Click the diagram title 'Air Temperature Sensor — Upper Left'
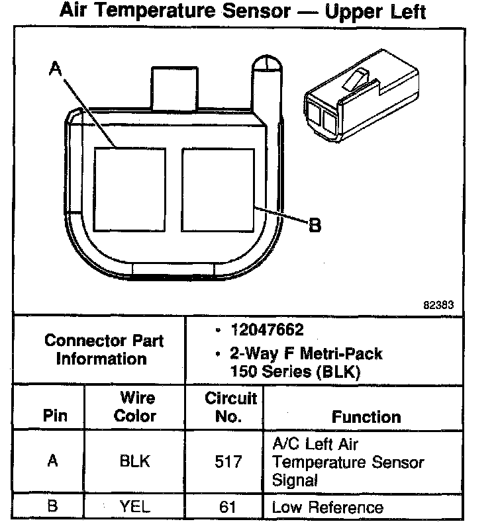click(242, 11)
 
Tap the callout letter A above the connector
click(56, 69)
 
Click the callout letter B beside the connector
click(315, 226)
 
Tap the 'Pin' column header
click(55, 417)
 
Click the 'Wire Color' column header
click(136, 407)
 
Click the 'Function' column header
click(366, 417)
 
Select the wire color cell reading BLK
click(135, 461)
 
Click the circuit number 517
click(228, 461)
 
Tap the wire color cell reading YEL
click(135, 508)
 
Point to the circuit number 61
click(228, 508)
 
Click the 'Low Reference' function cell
click(328, 508)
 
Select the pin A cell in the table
click(54, 461)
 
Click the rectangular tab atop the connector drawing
click(170, 85)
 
